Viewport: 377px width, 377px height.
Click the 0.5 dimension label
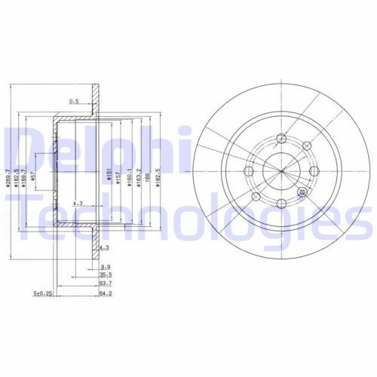click(74, 100)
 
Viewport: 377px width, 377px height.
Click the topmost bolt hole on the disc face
click(281, 138)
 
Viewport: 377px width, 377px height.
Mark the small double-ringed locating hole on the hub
click(302, 192)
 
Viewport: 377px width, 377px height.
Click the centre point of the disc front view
click(280, 170)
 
